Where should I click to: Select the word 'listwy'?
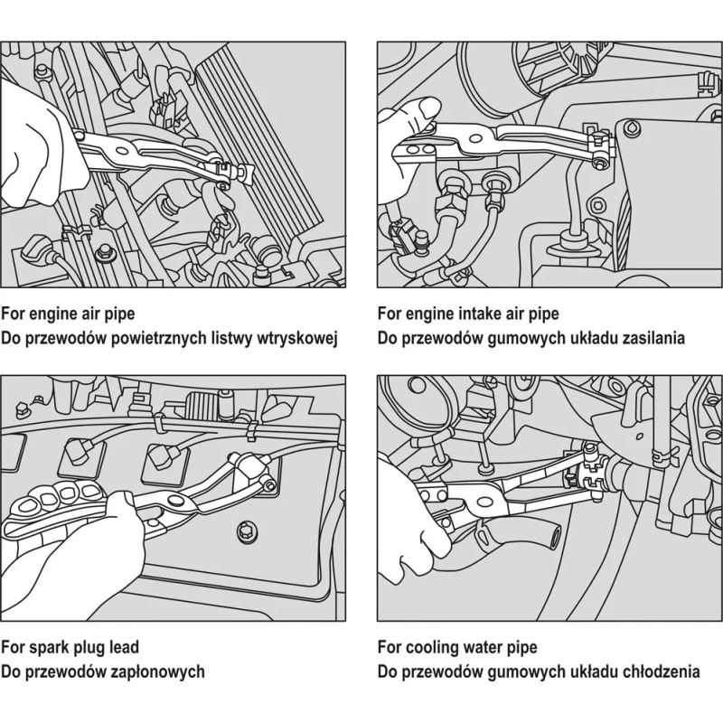point(224,338)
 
